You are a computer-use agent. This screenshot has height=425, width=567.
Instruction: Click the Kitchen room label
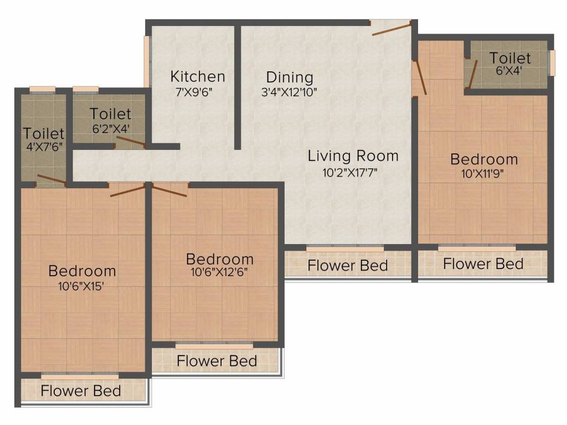(198, 76)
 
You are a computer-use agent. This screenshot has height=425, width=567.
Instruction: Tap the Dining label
(290, 77)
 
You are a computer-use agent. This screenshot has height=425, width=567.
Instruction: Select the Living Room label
(353, 156)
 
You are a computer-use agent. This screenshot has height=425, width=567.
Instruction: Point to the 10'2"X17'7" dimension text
(353, 173)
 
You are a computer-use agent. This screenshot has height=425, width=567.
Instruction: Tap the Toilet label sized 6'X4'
(510, 58)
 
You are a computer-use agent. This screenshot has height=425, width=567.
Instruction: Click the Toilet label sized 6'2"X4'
(111, 114)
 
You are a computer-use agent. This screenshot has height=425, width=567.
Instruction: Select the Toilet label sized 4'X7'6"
(44, 134)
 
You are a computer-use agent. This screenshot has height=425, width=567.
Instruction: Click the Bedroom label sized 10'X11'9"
(484, 159)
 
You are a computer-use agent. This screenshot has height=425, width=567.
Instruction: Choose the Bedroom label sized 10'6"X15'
(82, 271)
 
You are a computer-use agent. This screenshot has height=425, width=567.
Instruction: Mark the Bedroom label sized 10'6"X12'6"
(220, 259)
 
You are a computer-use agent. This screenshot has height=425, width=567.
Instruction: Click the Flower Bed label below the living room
(347, 266)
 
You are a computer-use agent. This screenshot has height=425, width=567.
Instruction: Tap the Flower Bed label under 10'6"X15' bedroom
(81, 391)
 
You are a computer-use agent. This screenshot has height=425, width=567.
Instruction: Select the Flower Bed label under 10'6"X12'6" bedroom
(217, 361)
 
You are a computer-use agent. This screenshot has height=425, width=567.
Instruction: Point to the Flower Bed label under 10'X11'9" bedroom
(483, 264)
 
